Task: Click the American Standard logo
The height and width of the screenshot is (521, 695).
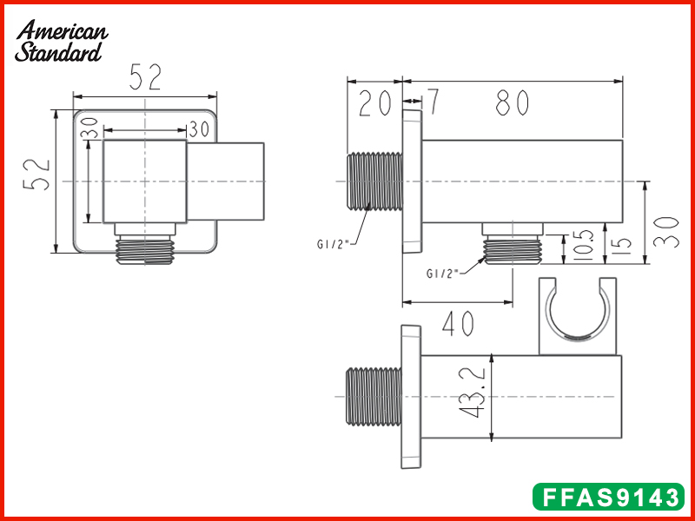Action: coord(61,42)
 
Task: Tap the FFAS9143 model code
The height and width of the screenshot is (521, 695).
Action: coord(608,498)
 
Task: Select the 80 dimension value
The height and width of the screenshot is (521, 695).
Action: coord(513,103)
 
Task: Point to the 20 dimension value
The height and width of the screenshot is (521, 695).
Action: coord(375,103)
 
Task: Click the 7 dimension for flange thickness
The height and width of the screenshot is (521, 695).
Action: coord(432,102)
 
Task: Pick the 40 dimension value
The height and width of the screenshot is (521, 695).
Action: coord(458,324)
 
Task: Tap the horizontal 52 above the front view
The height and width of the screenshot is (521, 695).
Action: coord(145,77)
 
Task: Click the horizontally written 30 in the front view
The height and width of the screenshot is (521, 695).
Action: coord(198,129)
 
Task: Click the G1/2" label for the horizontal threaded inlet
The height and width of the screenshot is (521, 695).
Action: coord(333,244)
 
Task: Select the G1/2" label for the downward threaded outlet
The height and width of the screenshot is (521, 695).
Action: coord(443,273)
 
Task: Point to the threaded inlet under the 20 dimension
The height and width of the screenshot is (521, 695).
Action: coord(374,181)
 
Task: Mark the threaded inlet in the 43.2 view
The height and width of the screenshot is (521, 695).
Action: coord(374,399)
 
